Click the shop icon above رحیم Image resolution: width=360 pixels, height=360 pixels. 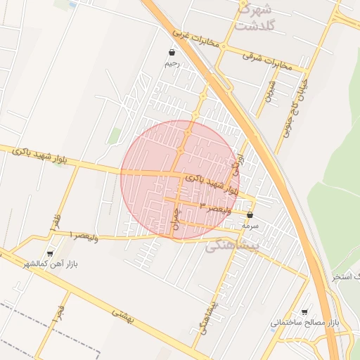[x=172, y=52]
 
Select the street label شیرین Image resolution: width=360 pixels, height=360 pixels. [x=270, y=89]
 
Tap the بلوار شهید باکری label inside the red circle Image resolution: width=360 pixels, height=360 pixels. [x=211, y=186]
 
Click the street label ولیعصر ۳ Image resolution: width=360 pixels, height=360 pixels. [x=214, y=207]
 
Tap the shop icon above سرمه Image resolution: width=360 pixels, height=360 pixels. [x=250, y=215]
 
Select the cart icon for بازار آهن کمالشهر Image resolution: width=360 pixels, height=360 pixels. [x=49, y=254]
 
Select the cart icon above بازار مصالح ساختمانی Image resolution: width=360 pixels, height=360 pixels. [x=304, y=311]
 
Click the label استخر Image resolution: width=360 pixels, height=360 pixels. [x=345, y=277]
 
